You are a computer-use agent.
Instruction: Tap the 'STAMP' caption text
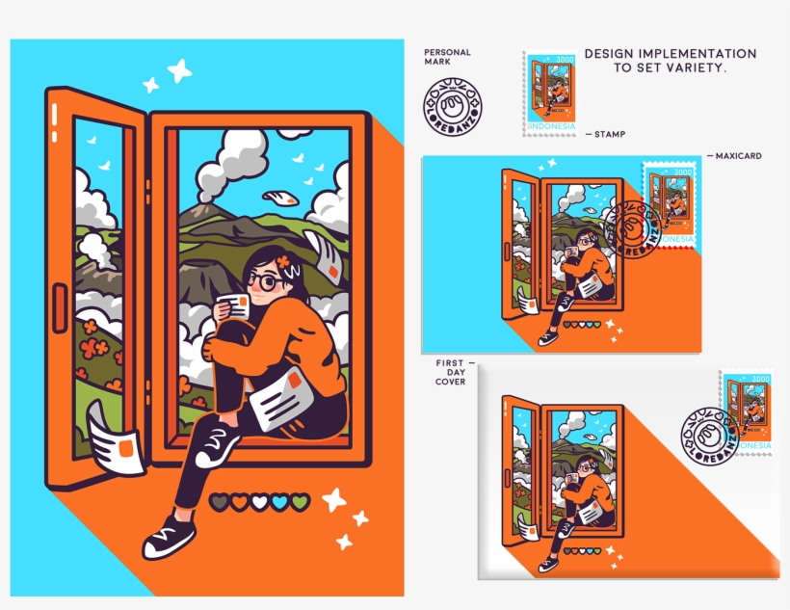(610, 135)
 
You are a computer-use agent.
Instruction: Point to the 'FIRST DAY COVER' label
(450, 372)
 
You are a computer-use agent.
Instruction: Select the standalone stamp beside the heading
(551, 93)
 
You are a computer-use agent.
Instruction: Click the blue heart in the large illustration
(279, 502)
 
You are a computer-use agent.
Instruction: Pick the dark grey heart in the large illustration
(219, 502)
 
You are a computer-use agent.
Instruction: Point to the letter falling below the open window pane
(116, 439)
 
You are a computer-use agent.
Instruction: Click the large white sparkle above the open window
(179, 69)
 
